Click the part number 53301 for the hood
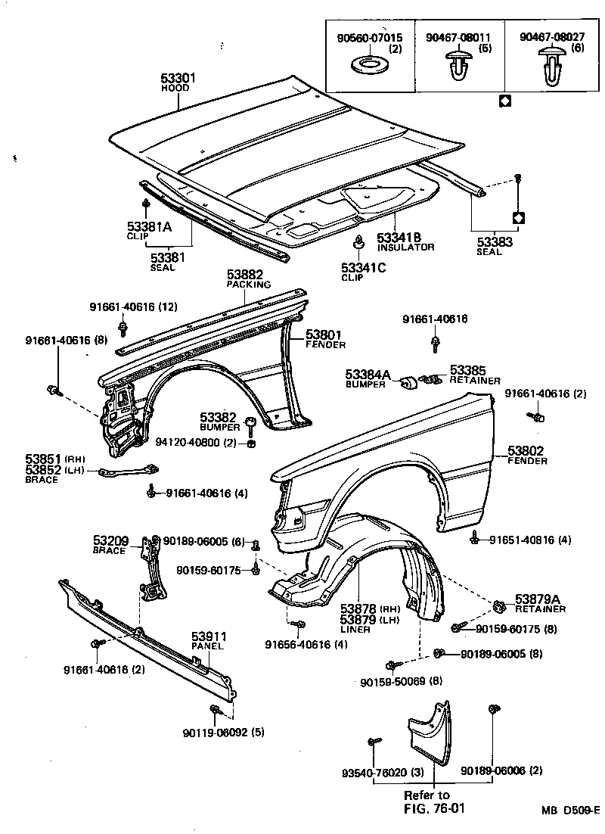179,77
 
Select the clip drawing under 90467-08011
456,66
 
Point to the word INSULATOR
406,247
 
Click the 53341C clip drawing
360,244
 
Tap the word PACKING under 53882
249,285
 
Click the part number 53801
324,335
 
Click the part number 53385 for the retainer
469,370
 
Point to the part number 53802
526,451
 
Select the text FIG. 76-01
433,808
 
